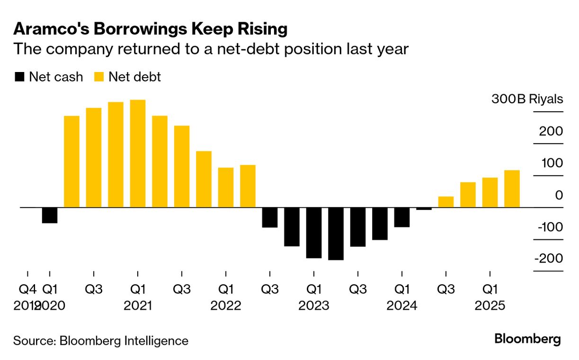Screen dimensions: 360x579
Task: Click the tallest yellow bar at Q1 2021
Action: pyautogui.click(x=137, y=153)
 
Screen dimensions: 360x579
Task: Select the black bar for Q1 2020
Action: pyautogui.click(x=49, y=215)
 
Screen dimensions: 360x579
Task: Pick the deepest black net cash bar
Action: pyautogui.click(x=336, y=234)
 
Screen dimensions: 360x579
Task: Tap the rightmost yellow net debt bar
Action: pyautogui.click(x=512, y=189)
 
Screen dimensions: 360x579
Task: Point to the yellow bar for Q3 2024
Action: pyautogui.click(x=446, y=202)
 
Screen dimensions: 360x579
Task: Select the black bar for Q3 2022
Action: pyautogui.click(x=269, y=217)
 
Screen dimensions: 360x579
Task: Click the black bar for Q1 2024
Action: pyautogui.click(x=401, y=217)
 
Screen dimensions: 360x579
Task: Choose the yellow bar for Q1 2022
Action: pyautogui.click(x=225, y=188)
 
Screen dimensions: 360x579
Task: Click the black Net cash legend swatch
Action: pyautogui.click(x=19, y=77)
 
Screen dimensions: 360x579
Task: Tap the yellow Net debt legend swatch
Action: pyautogui.click(x=99, y=77)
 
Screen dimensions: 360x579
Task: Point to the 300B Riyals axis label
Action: pyautogui.click(x=527, y=99)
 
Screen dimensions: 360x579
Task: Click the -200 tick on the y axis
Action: pyautogui.click(x=549, y=259)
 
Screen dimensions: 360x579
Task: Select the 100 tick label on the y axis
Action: pyautogui.click(x=551, y=163)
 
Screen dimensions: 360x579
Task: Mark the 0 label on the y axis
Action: pyautogui.click(x=559, y=195)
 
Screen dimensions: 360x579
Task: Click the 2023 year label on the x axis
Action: pyautogui.click(x=313, y=306)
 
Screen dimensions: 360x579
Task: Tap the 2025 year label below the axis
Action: pyautogui.click(x=490, y=306)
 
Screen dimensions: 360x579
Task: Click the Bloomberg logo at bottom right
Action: pyautogui.click(x=527, y=339)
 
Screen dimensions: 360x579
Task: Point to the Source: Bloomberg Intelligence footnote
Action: pyautogui.click(x=100, y=341)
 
